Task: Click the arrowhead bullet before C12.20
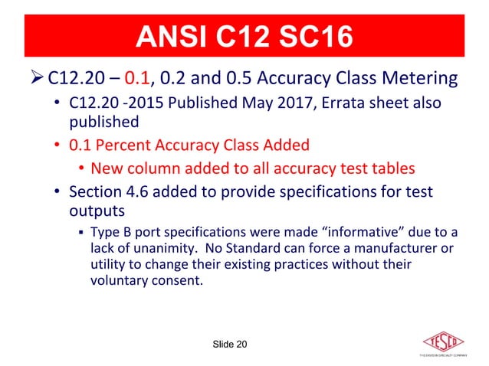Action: coord(36,79)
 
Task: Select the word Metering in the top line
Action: coord(422,79)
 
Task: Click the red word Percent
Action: coord(124,145)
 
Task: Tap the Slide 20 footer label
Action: coord(229,345)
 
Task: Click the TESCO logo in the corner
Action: coord(448,344)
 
